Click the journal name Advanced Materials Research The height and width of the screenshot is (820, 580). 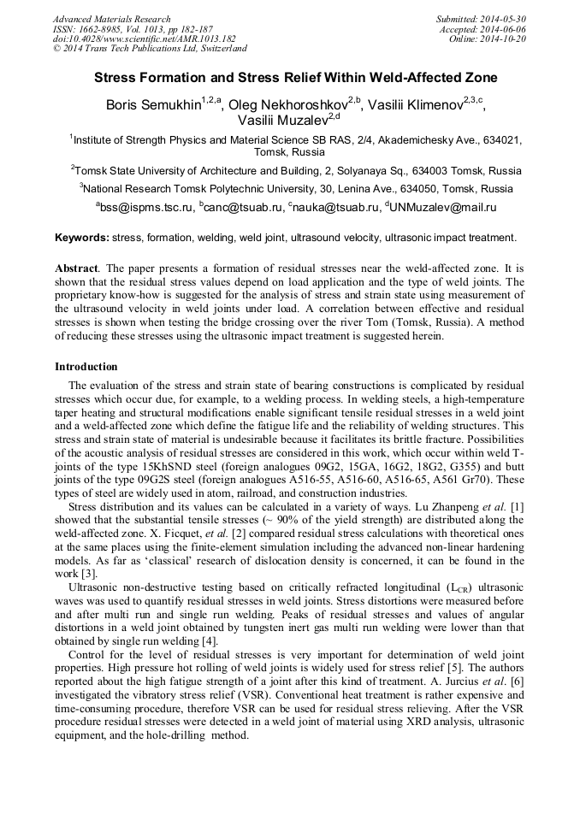(111, 19)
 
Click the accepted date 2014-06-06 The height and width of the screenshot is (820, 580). (506, 28)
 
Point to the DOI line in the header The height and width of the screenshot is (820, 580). (132, 38)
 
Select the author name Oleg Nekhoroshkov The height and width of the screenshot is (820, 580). (288, 105)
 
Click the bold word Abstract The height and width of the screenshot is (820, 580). (77, 268)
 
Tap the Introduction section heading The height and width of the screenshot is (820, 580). (86, 366)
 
